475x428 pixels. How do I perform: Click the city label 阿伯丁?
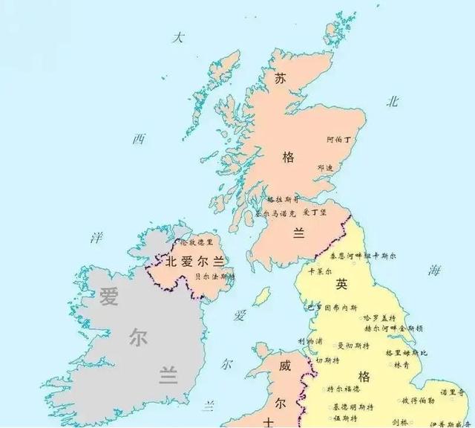341,139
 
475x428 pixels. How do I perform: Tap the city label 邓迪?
325,168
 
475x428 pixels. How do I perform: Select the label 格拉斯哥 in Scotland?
283,200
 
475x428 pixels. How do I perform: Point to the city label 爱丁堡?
315,213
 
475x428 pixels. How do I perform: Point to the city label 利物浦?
310,341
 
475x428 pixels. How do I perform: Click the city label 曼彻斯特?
351,346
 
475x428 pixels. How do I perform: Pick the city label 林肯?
401,365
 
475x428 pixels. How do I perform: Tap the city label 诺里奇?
451,392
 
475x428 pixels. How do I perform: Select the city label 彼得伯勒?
418,401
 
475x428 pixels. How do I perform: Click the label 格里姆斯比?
405,352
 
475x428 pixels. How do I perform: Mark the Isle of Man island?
261,296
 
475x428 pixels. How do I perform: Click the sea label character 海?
433,271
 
